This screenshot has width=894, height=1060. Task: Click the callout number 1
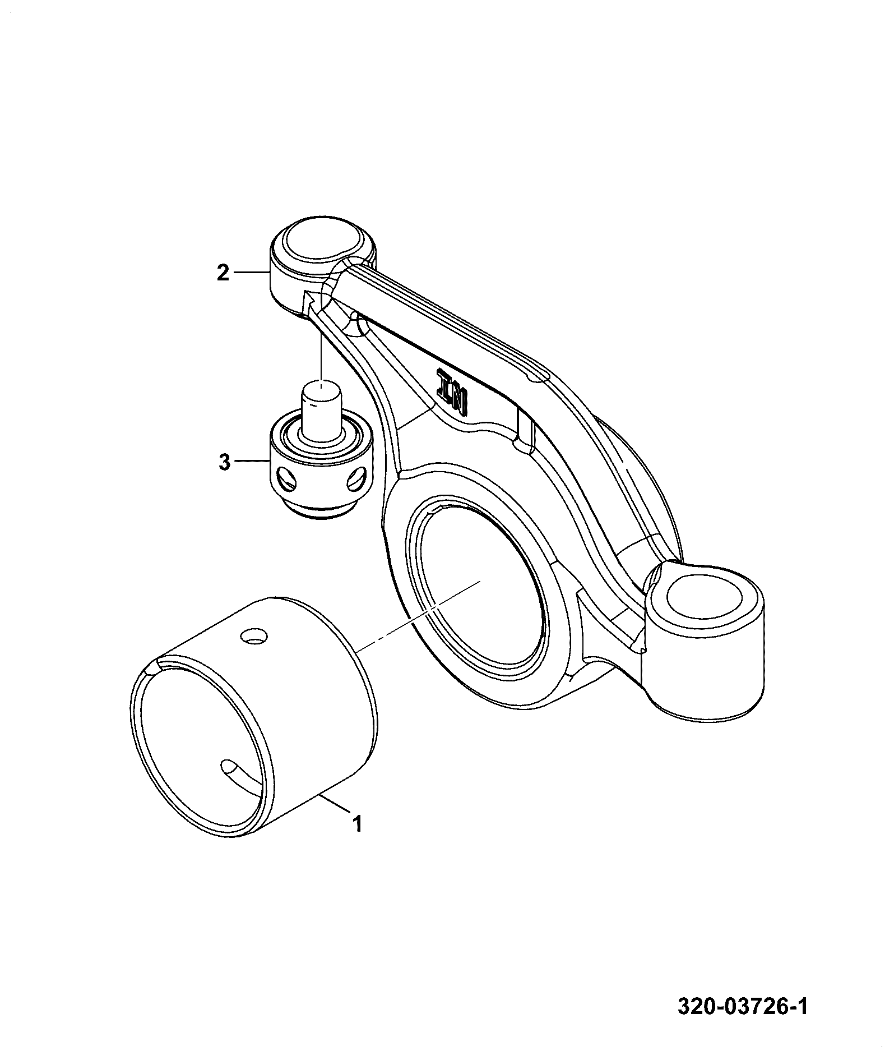click(x=357, y=823)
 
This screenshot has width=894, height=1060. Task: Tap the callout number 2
click(x=224, y=273)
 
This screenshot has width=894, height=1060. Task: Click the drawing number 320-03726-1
click(x=742, y=1007)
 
